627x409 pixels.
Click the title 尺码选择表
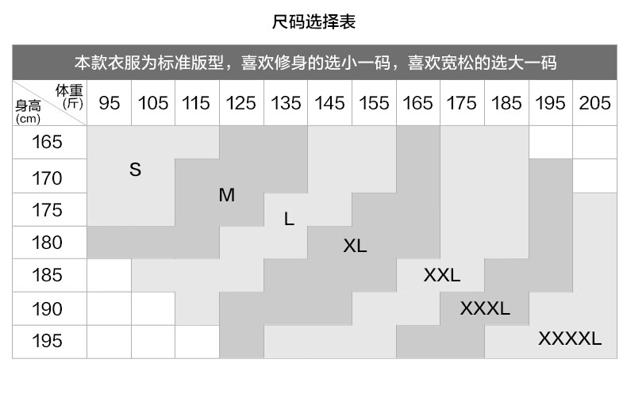pyautogui.click(x=313, y=22)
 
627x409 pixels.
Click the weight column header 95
pyautogui.click(x=110, y=103)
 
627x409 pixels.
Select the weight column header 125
pyautogui.click(x=241, y=103)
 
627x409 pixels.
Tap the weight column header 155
pyautogui.click(x=374, y=103)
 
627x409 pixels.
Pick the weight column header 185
pyautogui.click(x=506, y=103)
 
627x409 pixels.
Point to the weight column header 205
pyautogui.click(x=594, y=103)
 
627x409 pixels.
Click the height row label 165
pyautogui.click(x=48, y=143)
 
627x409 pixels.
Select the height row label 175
pyautogui.click(x=48, y=210)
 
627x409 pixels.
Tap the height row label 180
pyautogui.click(x=48, y=243)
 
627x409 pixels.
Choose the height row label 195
pyautogui.click(x=48, y=341)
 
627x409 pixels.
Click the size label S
pyautogui.click(x=135, y=170)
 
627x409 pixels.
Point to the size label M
pyautogui.click(x=227, y=195)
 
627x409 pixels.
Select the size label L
pyautogui.click(x=289, y=219)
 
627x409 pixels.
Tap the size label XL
pyautogui.click(x=355, y=246)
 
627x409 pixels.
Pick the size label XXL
pyautogui.click(x=442, y=276)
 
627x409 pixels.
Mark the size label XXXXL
pyautogui.click(x=570, y=339)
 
